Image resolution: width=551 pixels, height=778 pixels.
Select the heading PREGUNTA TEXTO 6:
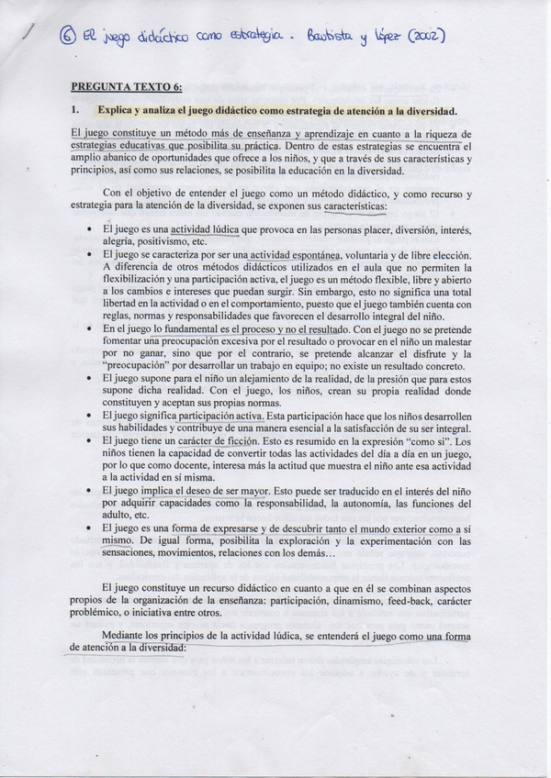tap(126, 87)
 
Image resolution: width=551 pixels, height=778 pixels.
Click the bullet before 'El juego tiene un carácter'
tap(88, 441)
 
